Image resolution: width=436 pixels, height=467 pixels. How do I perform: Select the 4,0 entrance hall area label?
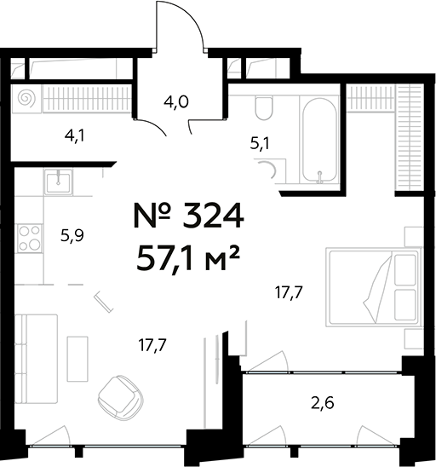pos(176,101)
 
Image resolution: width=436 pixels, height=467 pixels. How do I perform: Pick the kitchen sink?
pos(57,180)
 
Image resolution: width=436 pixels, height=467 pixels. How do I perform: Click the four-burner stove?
pos(30,238)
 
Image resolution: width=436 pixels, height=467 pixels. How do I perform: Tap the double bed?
pos(375,286)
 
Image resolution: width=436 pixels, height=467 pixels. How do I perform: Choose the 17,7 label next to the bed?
pos(290,293)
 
